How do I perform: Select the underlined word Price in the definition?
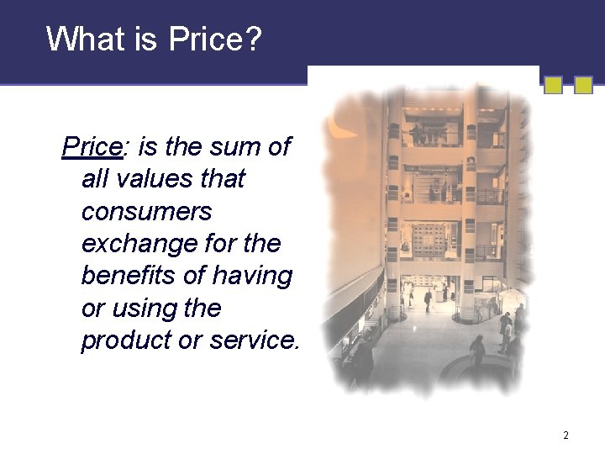[92, 147]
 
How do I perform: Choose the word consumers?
[146, 212]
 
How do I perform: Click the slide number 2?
[566, 436]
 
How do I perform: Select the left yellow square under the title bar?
[553, 85]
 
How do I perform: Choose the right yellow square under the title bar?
[583, 85]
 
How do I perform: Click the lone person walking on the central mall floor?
[429, 298]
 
